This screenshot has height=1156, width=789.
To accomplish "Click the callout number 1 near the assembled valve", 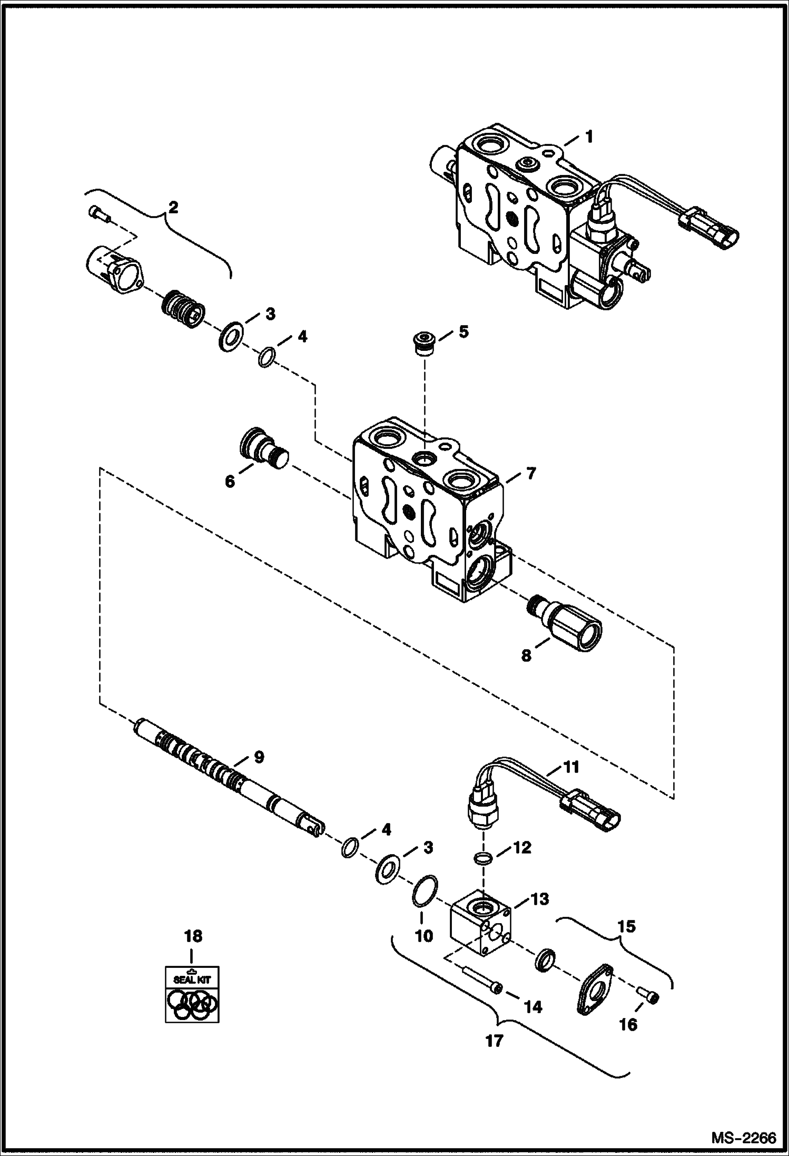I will (589, 137).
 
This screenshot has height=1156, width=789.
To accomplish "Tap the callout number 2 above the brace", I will (173, 208).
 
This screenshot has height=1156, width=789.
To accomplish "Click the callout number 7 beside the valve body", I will (530, 474).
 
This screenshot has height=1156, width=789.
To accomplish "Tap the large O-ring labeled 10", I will (425, 893).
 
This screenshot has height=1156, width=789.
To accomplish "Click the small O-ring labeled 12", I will (484, 859).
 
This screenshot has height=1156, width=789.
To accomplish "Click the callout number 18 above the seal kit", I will (193, 936).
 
